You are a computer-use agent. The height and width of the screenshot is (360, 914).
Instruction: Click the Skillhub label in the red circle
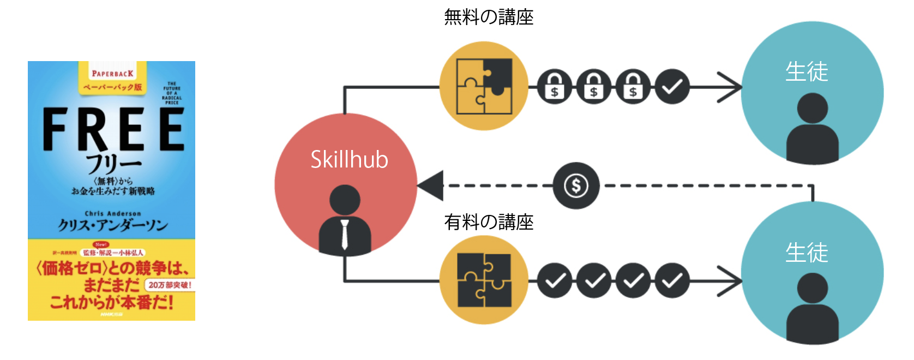point(349,160)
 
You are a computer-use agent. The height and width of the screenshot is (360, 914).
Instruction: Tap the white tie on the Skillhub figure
point(345,234)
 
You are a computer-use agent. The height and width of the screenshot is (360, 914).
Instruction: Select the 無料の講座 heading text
point(489,17)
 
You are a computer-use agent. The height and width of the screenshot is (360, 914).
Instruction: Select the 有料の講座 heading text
point(489,222)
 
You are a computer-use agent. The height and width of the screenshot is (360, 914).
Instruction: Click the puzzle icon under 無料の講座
point(484,86)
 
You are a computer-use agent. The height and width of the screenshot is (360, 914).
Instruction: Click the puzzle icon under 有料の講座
point(484,280)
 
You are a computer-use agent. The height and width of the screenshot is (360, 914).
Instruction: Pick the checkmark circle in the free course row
point(672,87)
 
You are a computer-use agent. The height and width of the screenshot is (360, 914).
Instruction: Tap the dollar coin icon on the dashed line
point(576,186)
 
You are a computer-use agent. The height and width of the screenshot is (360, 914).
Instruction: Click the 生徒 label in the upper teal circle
point(807,71)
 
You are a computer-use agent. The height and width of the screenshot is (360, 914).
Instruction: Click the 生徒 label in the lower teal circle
point(807,253)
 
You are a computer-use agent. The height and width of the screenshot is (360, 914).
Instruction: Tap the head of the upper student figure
point(812,108)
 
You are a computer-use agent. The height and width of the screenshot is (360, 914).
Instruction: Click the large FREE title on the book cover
point(113,129)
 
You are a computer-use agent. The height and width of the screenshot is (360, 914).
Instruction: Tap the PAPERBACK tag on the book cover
point(112,74)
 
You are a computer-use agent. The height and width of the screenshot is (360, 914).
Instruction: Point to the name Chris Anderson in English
point(113,213)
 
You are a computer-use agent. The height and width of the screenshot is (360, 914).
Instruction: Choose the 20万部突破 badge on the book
point(170,285)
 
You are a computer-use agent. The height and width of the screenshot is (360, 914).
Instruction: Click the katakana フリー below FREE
point(113,163)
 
